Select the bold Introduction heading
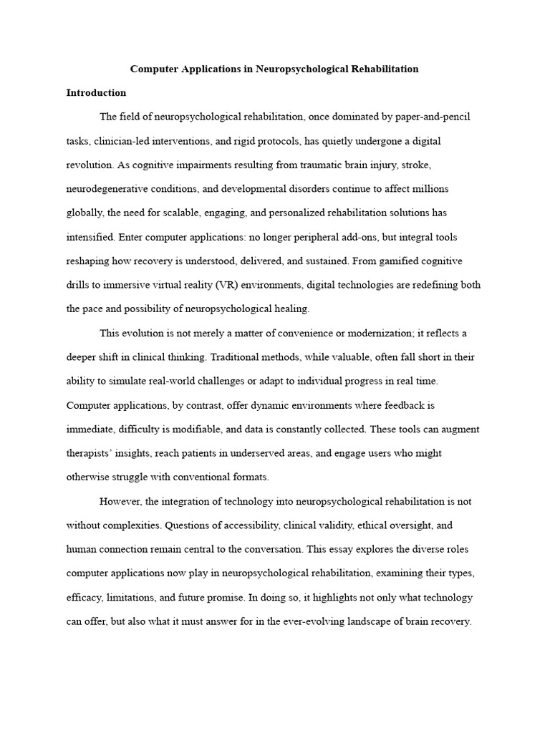point(96,92)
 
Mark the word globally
point(85,213)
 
